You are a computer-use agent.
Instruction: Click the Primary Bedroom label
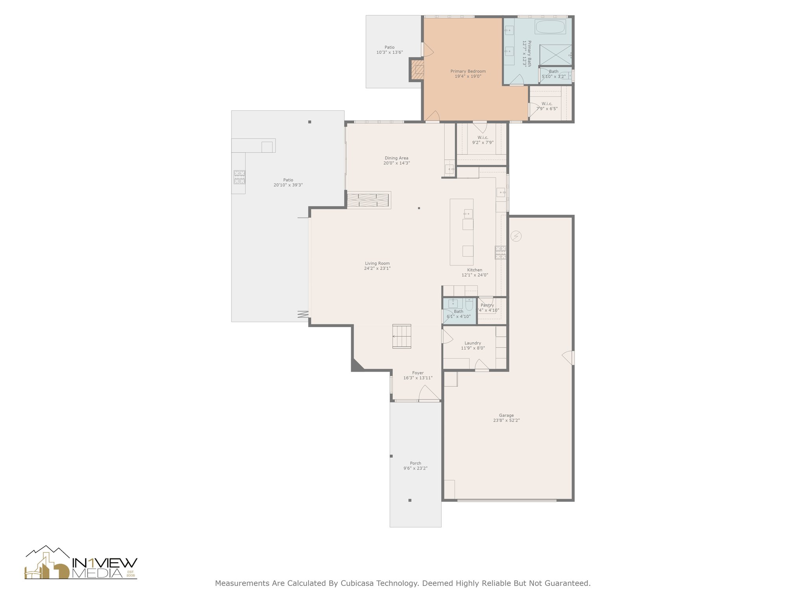[x=468, y=72]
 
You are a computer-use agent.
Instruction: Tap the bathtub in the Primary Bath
[x=550, y=27]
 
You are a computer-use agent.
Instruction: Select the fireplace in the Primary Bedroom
[x=417, y=70]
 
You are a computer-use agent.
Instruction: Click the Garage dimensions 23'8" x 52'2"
[x=506, y=420]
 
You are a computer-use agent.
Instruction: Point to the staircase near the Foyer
[x=402, y=337]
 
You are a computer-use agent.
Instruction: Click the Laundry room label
[x=473, y=343]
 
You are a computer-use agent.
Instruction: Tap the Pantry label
[x=487, y=305]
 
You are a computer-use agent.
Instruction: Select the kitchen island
[x=462, y=232]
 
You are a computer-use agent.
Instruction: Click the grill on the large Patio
[x=239, y=177]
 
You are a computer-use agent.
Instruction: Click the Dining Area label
[x=396, y=158]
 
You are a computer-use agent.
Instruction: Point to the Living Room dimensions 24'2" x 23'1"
[x=377, y=269]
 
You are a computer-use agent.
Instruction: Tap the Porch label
[x=415, y=463]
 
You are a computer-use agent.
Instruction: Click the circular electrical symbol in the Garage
[x=516, y=236]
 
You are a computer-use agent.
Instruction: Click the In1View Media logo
[x=81, y=563]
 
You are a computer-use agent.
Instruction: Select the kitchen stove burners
[x=500, y=252]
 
